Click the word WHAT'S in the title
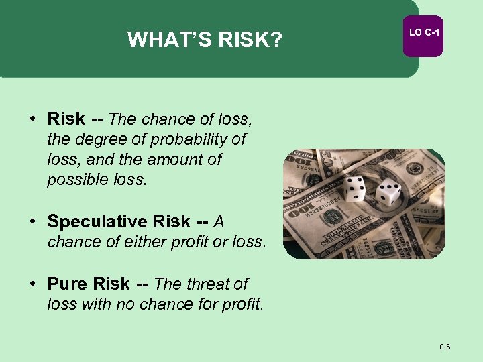coord(162,41)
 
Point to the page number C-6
coord(445,347)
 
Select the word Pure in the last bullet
coord(68,284)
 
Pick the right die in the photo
coord(388,194)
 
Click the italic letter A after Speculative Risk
coord(219,221)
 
